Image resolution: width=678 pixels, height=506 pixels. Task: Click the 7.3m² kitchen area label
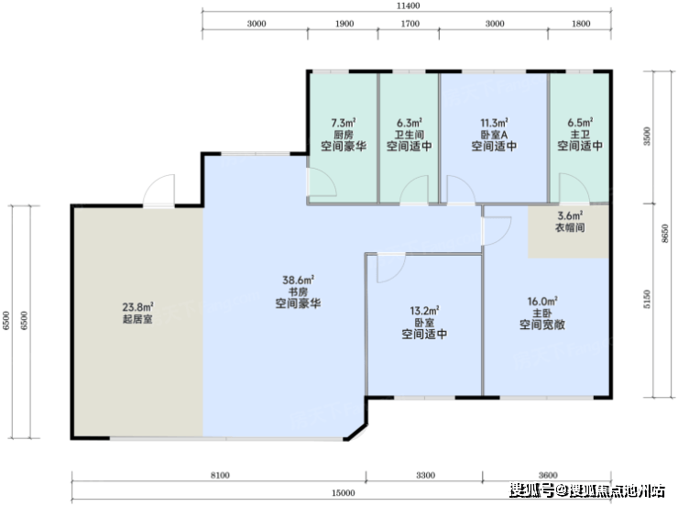tap(344, 123)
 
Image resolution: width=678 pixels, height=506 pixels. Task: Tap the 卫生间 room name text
tap(409, 135)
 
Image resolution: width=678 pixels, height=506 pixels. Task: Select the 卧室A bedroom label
tap(494, 135)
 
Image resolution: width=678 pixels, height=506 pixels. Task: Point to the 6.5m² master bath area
tap(580, 123)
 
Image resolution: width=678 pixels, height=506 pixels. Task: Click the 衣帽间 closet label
tap(570, 227)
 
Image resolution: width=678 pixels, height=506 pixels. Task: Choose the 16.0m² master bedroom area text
tap(542, 301)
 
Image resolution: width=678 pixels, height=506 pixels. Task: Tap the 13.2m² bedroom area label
tap(424, 311)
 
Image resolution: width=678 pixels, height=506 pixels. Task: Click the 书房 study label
tap(298, 291)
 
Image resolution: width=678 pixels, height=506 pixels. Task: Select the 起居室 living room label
tap(137, 319)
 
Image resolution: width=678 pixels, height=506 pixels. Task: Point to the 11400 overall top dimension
tap(409, 6)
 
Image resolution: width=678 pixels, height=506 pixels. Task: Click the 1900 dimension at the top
tap(344, 24)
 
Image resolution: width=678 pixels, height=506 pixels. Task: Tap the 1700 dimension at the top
tap(410, 24)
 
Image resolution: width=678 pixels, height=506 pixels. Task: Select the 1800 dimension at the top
tap(581, 24)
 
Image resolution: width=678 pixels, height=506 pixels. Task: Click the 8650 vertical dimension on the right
tap(665, 234)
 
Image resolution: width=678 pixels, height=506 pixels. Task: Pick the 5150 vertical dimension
tap(647, 299)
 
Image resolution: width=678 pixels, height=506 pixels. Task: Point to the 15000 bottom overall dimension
tap(344, 492)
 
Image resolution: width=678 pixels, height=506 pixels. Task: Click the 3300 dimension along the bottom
tap(425, 476)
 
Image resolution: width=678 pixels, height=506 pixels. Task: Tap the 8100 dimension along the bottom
tap(220, 476)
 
